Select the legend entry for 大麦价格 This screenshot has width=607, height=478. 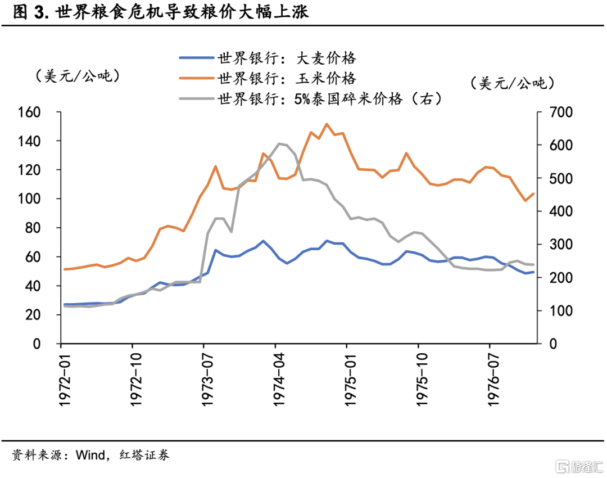click(x=287, y=57)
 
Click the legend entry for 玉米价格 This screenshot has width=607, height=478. click(x=287, y=78)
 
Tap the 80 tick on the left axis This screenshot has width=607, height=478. click(x=34, y=228)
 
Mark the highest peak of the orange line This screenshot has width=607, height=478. click(x=327, y=124)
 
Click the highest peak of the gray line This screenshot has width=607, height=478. click(x=279, y=143)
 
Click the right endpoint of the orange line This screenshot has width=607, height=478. click(x=533, y=193)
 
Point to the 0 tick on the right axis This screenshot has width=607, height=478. click(x=542, y=344)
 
